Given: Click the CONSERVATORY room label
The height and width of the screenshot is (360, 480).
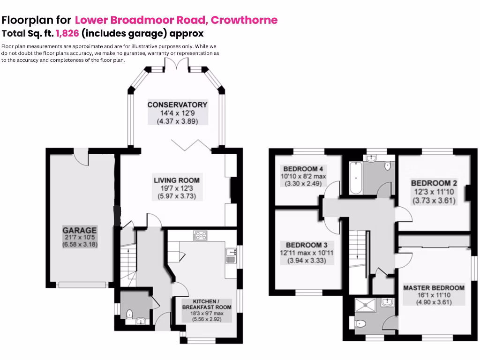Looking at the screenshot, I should (x=177, y=105).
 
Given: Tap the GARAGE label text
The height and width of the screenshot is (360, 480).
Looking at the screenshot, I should (x=80, y=230).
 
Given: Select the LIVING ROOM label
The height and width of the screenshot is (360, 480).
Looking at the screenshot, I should (x=177, y=180).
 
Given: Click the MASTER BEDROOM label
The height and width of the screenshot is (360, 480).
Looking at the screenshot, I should (x=434, y=288).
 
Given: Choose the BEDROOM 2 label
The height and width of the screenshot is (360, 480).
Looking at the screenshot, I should (x=434, y=183).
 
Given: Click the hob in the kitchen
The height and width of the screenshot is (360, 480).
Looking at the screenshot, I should (x=200, y=235).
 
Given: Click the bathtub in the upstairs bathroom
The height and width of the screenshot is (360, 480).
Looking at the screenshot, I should (x=354, y=179).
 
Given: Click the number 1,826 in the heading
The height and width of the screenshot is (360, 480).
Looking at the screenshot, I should (x=67, y=33).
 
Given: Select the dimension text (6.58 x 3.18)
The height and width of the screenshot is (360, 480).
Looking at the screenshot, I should (x=80, y=245).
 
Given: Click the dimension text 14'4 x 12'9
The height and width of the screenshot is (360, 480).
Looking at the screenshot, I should (x=177, y=113).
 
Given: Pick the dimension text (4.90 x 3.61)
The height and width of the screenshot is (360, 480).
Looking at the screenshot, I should (x=434, y=302).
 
